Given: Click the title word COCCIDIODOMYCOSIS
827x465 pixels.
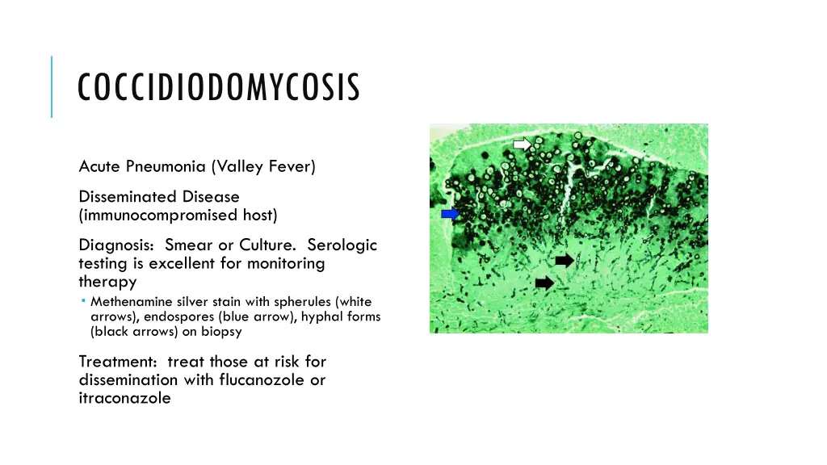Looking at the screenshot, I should point(218,88).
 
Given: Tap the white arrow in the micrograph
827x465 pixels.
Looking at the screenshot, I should point(523,144).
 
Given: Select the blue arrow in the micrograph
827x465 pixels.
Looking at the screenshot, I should point(450,213).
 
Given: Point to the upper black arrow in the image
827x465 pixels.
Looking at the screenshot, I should point(565,260).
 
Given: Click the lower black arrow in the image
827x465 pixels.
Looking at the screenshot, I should point(545,283).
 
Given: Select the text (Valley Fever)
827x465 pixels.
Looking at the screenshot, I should point(263,167).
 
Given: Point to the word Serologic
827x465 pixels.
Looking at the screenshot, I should point(342,245).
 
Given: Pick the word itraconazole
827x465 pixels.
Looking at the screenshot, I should point(125,398).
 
